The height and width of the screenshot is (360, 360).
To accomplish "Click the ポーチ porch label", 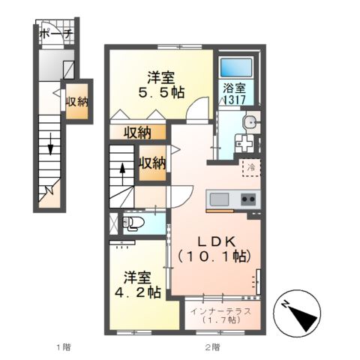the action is click(x=56, y=34).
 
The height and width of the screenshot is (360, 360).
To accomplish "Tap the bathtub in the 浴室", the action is click(x=235, y=67).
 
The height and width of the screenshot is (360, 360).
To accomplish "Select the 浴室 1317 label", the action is click(x=234, y=94).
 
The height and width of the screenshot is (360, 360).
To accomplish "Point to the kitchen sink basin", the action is click(x=219, y=199).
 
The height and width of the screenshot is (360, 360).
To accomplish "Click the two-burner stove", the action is click(x=248, y=199).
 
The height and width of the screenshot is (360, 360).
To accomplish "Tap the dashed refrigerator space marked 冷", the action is click(x=251, y=168).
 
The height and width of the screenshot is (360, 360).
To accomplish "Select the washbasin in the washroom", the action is click(x=251, y=123).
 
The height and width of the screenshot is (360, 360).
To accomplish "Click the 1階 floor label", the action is click(x=64, y=347).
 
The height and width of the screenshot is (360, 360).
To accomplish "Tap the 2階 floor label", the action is click(x=213, y=347).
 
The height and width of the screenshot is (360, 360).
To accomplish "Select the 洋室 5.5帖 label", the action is click(x=161, y=85).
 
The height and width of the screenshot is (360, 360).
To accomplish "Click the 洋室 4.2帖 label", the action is click(x=138, y=285).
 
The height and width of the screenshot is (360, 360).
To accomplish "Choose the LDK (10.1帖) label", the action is click(x=214, y=249).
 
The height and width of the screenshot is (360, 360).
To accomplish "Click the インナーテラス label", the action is click(x=220, y=311).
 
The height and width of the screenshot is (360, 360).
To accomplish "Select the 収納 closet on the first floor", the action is click(x=77, y=101).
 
